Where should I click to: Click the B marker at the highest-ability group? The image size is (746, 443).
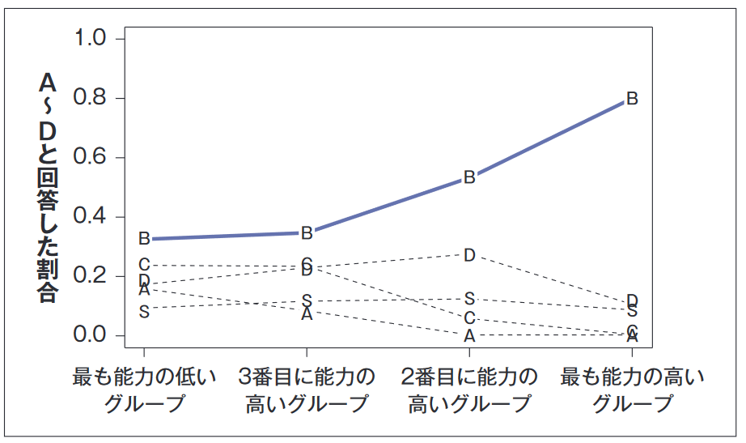(632, 99)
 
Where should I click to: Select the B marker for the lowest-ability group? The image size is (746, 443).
(144, 239)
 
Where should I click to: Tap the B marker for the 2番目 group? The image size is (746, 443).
(469, 177)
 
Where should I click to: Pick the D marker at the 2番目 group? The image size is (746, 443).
(469, 255)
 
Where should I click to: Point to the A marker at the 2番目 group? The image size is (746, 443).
(469, 335)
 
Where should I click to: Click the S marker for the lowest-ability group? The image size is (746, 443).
(144, 311)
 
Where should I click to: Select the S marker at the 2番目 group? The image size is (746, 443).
(469, 299)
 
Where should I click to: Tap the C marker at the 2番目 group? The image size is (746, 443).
(469, 318)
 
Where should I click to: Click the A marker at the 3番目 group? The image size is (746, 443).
(307, 314)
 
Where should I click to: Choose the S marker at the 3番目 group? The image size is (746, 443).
(307, 300)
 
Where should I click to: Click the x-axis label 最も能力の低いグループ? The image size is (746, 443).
(145, 390)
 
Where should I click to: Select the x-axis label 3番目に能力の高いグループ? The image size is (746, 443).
(307, 390)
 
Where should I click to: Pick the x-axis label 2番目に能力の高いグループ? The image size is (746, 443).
(469, 390)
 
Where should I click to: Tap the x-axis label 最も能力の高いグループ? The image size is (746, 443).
(632, 390)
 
